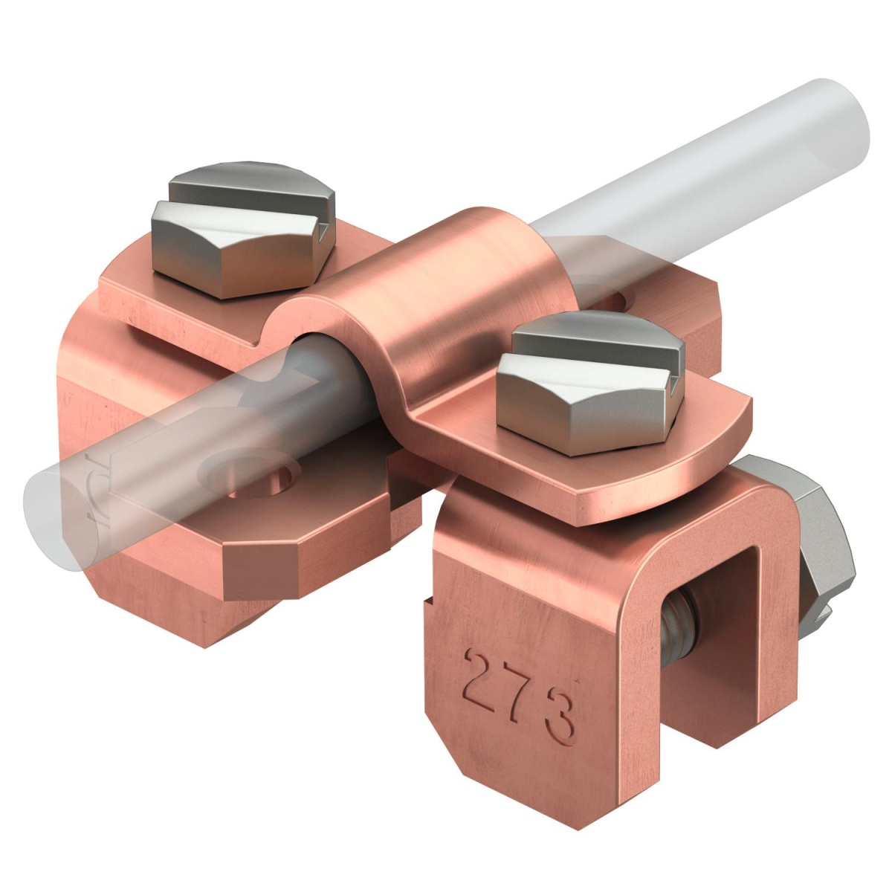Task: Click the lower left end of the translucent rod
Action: (52, 513)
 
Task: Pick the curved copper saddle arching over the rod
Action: (446, 297)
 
